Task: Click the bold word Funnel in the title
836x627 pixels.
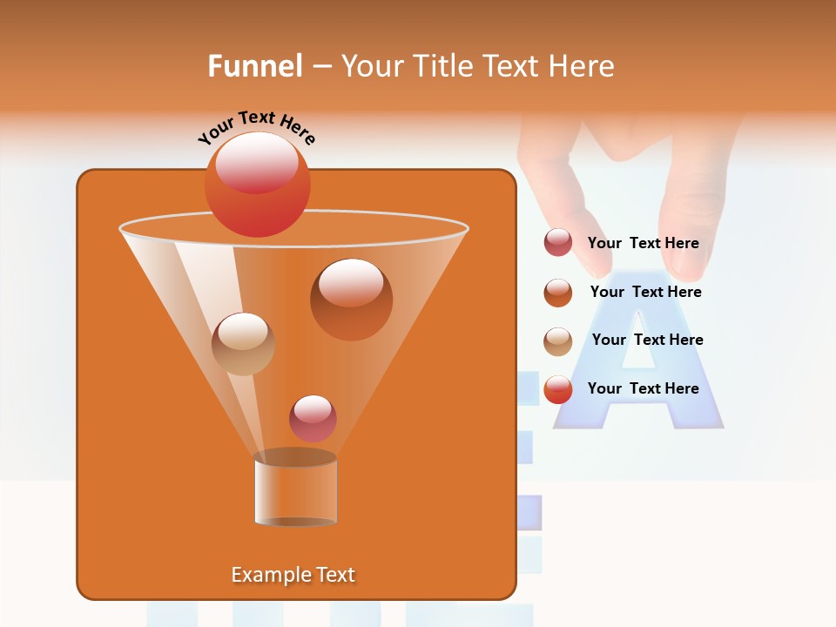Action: [x=254, y=66]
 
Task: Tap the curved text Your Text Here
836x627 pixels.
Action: [x=256, y=128]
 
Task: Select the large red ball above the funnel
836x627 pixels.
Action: [x=257, y=185]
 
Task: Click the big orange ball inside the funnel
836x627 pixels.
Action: [x=351, y=300]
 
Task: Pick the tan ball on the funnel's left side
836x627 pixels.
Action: [x=243, y=344]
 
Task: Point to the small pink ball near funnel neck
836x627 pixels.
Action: [x=313, y=418]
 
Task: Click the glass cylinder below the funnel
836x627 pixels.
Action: [x=295, y=492]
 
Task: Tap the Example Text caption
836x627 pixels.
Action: [x=293, y=575]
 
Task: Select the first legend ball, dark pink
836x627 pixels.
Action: [x=558, y=243]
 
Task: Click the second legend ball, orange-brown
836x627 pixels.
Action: [x=558, y=293]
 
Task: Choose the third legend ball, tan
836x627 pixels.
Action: [x=558, y=341]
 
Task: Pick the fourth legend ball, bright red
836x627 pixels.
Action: [x=558, y=389]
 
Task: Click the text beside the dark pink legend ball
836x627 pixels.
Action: [x=643, y=244]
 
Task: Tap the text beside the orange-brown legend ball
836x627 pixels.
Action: [x=645, y=293]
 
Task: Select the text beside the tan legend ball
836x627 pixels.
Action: [x=647, y=340]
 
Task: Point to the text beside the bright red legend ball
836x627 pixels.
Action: [x=643, y=388]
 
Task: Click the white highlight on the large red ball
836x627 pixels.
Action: [x=257, y=161]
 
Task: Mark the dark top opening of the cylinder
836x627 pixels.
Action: [x=295, y=457]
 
